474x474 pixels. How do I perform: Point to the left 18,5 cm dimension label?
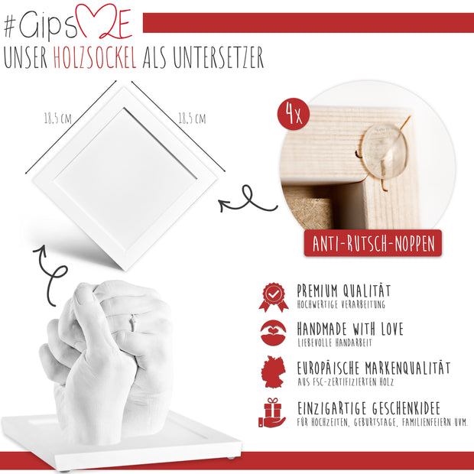coord(57,119)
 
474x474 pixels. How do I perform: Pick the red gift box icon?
coord(273,412)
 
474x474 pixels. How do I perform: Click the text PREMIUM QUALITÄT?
coord(344,291)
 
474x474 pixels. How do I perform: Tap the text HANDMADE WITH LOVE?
coord(350,329)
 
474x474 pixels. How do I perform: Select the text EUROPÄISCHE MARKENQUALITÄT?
coord(373,368)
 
